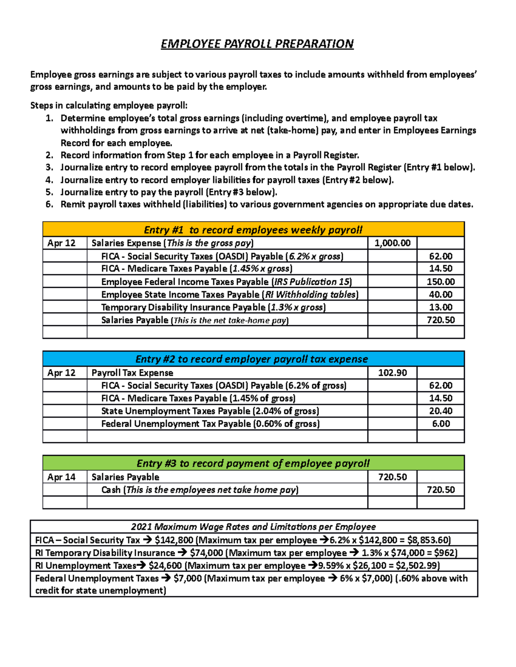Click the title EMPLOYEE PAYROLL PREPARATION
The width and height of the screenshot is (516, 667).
[257, 44]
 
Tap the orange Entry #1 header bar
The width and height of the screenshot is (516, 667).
[253, 230]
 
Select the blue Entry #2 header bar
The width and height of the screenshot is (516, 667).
[253, 359]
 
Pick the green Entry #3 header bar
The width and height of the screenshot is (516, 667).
[253, 463]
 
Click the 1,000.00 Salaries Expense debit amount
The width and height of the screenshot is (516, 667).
[392, 243]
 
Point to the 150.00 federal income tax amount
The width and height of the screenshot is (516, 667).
[440, 282]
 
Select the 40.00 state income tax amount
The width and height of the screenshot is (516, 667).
[440, 295]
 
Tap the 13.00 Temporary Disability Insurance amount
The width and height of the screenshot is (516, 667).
[440, 307]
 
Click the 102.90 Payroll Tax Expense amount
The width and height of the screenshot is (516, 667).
[392, 373]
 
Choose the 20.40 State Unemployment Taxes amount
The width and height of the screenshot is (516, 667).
[440, 411]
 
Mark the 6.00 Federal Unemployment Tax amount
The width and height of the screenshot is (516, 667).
[441, 424]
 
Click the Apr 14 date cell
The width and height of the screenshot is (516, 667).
[61, 477]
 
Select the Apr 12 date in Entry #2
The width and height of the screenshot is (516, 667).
[61, 373]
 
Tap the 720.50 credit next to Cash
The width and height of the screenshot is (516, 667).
[440, 490]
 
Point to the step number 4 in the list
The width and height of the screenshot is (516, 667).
[49, 180]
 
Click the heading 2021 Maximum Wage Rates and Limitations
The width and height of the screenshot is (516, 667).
[253, 527]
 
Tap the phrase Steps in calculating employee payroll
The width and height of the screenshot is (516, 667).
[109, 106]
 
